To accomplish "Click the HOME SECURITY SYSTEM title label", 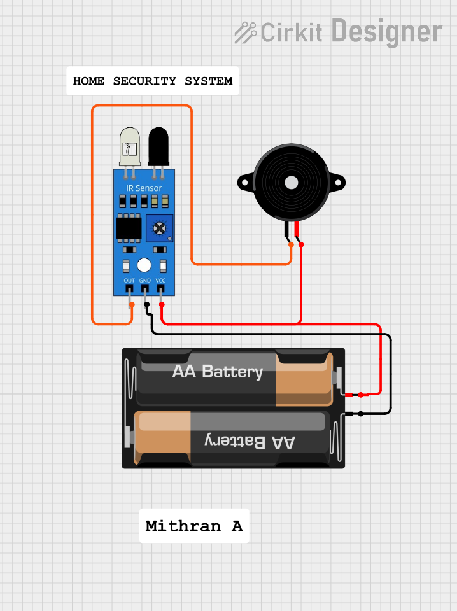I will point(153,81).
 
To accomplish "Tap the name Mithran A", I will point(194,526).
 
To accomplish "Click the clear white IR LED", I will point(129,146).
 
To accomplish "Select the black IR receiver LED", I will point(158,146).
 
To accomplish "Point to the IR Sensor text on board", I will point(144,188).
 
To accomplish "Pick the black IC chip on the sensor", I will point(129,228).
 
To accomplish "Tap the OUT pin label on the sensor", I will point(129,281).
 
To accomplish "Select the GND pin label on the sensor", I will point(145,281).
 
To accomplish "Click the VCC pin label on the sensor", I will point(161,281).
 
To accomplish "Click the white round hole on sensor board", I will point(144,265).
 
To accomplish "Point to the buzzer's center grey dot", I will point(292,183).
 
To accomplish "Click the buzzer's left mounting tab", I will point(245,183).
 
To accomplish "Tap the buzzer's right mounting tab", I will point(338,183).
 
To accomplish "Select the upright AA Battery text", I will point(218,371).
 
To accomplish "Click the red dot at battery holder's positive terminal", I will point(360,395).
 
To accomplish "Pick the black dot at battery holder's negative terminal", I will point(361,414).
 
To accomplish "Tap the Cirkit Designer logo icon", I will point(245,32).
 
